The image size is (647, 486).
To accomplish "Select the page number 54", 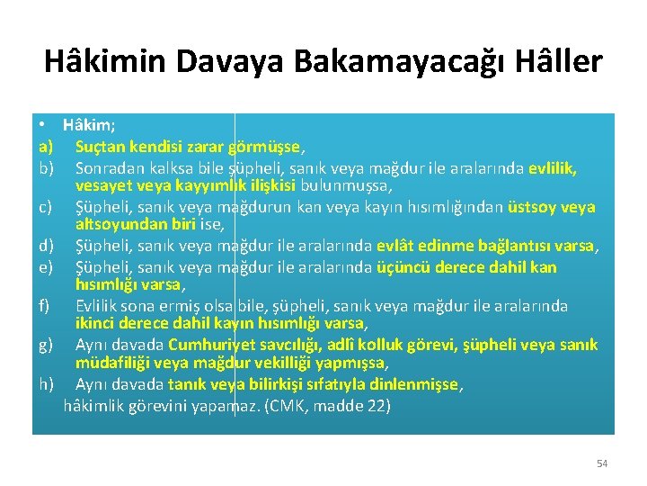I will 602,463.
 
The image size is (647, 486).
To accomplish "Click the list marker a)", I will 46,145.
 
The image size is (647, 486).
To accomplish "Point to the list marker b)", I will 46,167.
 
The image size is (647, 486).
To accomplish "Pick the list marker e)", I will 46,267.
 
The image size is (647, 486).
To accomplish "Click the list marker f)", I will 44,306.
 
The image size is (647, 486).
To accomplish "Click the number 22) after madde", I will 379,405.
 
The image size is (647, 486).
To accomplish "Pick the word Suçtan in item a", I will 100,145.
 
